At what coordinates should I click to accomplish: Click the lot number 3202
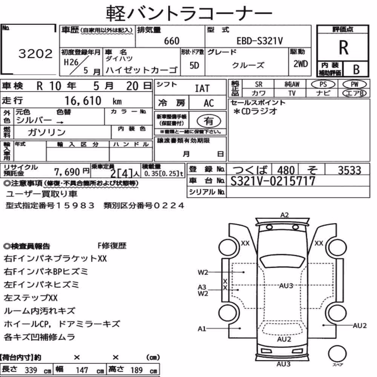click(35, 54)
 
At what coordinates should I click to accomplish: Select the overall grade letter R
click(343, 48)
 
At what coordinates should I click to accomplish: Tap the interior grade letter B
click(356, 69)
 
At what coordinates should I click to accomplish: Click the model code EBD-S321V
click(260, 41)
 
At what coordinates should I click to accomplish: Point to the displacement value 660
click(172, 41)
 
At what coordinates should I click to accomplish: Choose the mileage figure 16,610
click(83, 101)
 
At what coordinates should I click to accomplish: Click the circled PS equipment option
click(323, 84)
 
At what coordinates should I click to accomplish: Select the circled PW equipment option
click(354, 84)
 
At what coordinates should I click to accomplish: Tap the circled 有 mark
click(209, 121)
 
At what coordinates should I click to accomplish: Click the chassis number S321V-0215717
click(273, 181)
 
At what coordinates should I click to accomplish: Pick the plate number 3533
click(349, 170)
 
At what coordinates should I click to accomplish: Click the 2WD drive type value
click(300, 64)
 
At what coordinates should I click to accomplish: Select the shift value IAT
click(202, 89)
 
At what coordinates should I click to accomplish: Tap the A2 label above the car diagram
click(284, 215)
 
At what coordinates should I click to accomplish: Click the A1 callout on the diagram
click(202, 329)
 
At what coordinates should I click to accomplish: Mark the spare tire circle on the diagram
click(337, 354)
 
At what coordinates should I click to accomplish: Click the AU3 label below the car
click(284, 364)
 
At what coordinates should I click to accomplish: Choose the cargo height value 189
click(136, 370)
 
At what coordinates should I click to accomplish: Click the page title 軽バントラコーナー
click(189, 13)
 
